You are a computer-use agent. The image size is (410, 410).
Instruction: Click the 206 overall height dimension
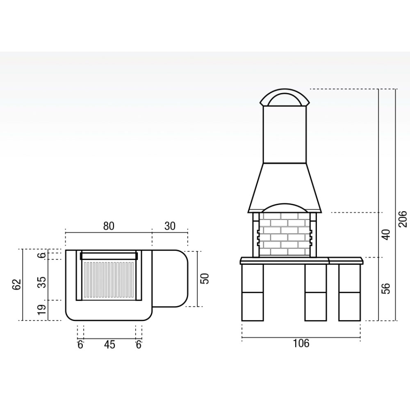pyautogui.click(x=403, y=219)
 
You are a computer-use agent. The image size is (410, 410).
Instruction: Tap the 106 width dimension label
pyautogui.click(x=301, y=343)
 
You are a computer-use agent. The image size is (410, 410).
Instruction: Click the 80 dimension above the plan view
pyautogui.click(x=109, y=226)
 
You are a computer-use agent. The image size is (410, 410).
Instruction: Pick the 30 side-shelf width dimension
pyautogui.click(x=170, y=226)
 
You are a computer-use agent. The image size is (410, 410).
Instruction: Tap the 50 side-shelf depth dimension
pyautogui.click(x=205, y=279)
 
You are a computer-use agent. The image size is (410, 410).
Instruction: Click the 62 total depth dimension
pyautogui.click(x=16, y=285)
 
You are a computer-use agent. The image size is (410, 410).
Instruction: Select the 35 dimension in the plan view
pyautogui.click(x=42, y=282)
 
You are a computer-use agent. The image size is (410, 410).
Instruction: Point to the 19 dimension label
pyautogui.click(x=42, y=309)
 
